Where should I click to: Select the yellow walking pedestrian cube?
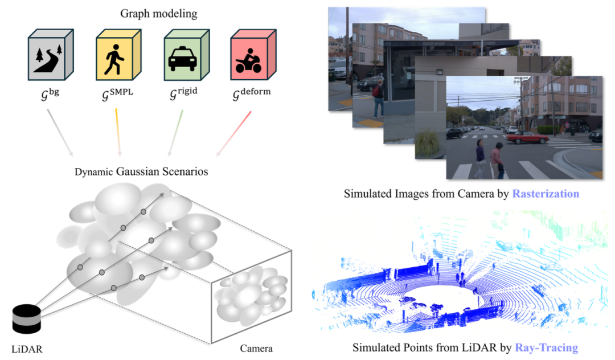[x=117, y=57]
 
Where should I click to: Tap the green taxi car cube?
[x=183, y=57]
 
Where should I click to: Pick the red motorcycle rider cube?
[x=249, y=57]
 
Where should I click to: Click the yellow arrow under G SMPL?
[x=118, y=132]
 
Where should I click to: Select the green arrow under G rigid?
[x=175, y=132]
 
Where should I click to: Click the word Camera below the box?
[x=255, y=348]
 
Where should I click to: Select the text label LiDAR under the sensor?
[x=27, y=348]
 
